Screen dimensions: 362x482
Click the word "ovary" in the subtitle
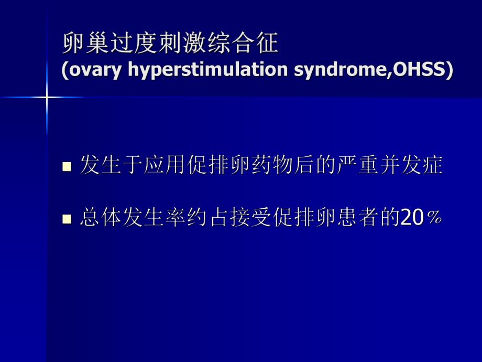click(x=92, y=70)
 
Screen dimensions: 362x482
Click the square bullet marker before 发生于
click(x=67, y=167)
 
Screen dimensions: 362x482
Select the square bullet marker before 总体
click(x=67, y=219)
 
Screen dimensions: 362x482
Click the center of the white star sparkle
click(x=47, y=97)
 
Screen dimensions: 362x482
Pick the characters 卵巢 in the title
click(x=85, y=44)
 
